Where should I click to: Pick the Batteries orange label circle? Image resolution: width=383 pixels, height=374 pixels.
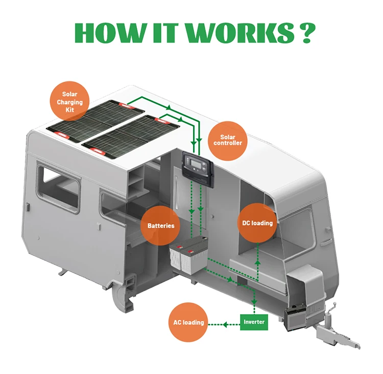click(161, 225)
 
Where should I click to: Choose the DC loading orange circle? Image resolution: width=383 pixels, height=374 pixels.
click(257, 223)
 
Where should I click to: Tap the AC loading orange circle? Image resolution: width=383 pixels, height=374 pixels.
click(188, 322)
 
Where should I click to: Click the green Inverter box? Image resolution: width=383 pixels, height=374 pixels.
click(254, 322)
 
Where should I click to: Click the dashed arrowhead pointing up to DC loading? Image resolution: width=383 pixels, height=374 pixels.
click(257, 261)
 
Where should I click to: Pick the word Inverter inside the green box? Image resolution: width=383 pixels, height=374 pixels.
click(254, 322)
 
